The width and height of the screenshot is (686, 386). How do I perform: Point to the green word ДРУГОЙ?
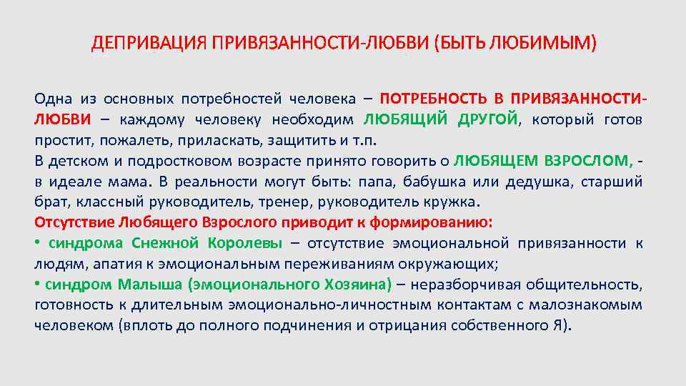489,119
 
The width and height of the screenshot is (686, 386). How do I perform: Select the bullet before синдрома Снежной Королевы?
37,242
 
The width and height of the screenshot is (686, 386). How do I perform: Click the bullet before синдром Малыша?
37,284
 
